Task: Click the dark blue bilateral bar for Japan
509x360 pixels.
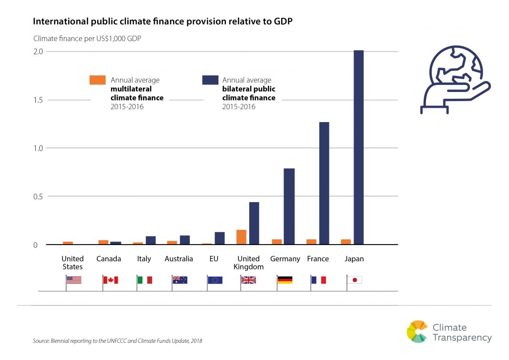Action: (x=358, y=147)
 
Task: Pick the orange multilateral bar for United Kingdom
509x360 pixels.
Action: (x=242, y=237)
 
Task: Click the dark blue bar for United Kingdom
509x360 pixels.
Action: (x=254, y=223)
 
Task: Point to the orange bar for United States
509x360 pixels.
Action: (x=68, y=243)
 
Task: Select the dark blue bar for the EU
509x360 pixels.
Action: (x=219, y=238)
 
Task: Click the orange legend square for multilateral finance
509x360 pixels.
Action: (x=97, y=80)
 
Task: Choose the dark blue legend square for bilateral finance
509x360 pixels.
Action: (x=210, y=80)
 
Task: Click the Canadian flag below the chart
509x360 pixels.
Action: (x=111, y=280)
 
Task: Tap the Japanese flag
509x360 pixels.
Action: (x=355, y=280)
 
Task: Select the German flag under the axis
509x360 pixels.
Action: (x=285, y=280)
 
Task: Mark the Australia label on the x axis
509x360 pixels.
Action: (x=179, y=259)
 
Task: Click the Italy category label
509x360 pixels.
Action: (x=144, y=259)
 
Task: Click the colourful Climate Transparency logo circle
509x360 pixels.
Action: (x=417, y=331)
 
